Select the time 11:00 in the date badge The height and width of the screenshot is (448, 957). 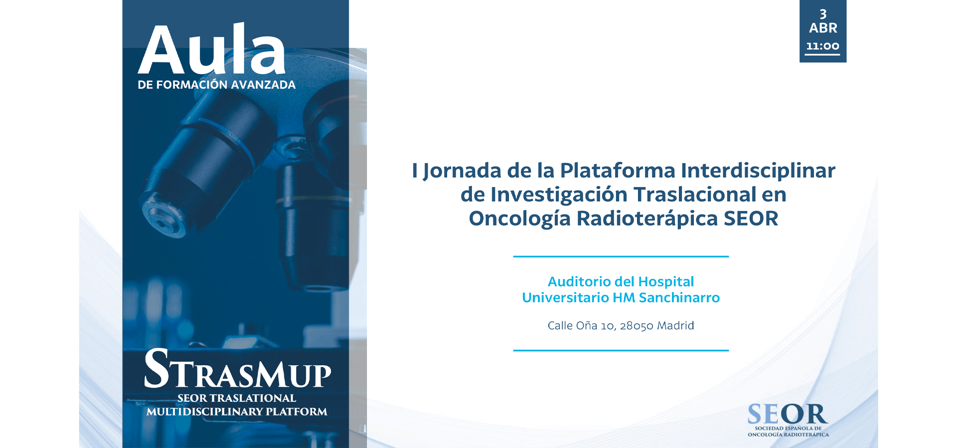[822, 46]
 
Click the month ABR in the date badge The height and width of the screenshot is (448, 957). [823, 28]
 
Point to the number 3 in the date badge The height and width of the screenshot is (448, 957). [823, 14]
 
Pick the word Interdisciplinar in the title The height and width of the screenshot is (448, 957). [758, 171]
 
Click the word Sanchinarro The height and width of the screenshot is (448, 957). [679, 298]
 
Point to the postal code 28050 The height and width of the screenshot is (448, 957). [637, 326]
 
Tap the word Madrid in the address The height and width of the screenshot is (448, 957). [675, 326]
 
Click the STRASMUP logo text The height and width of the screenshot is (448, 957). [237, 369]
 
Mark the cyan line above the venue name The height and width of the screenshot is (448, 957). [621, 256]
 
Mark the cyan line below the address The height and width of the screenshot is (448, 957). [621, 350]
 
